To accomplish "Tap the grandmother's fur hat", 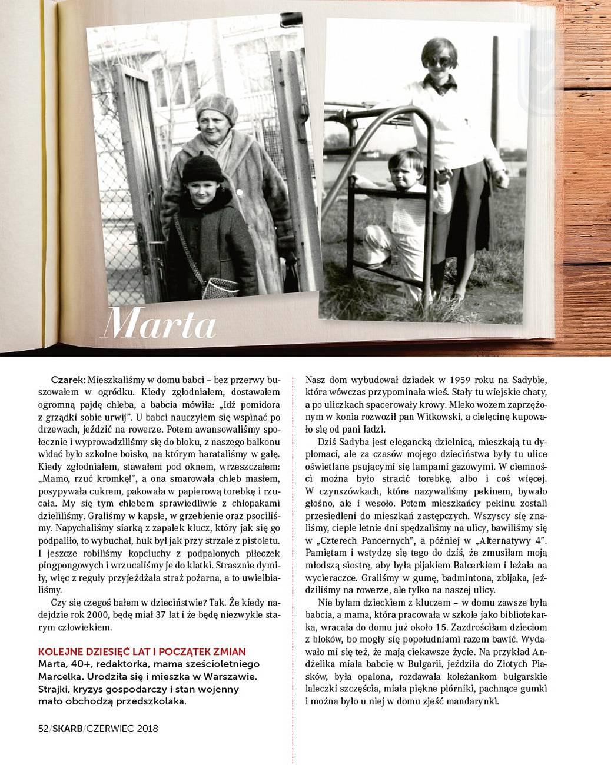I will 217,108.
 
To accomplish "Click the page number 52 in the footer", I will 42,729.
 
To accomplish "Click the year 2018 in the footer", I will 146,729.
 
